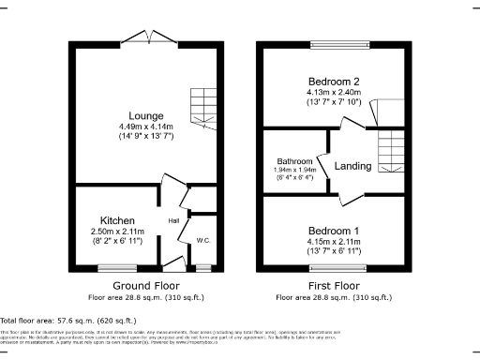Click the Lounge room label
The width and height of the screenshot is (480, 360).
[x=145, y=115]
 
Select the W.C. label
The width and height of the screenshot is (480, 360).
[x=202, y=241]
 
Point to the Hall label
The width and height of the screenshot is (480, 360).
[x=173, y=220]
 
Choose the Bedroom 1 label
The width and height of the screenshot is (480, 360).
[x=334, y=230]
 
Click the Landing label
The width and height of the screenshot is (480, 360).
[x=352, y=166]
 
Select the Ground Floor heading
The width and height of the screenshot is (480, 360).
[x=146, y=285]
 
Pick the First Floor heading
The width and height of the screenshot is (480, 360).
[x=334, y=285]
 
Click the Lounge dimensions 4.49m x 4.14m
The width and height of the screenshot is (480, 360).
[x=145, y=127]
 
